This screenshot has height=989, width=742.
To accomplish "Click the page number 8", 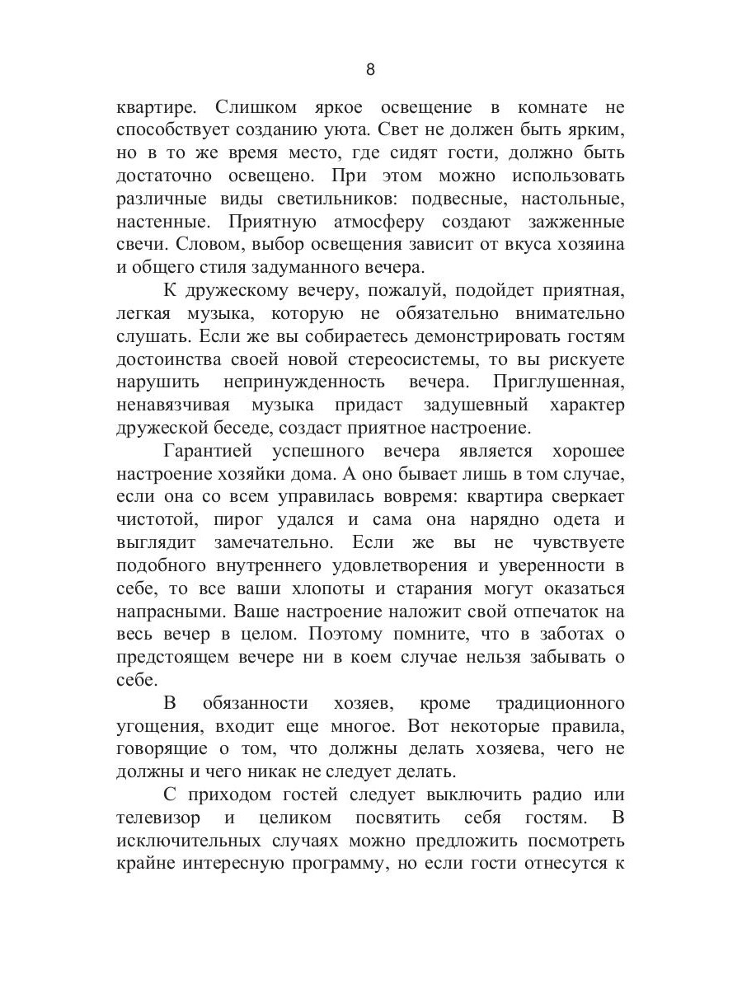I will [370, 69].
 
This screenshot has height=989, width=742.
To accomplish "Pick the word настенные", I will [161, 223].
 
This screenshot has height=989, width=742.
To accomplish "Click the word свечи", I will [139, 246].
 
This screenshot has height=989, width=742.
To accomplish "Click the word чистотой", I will [152, 521].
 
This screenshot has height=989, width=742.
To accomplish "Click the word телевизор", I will [159, 818].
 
